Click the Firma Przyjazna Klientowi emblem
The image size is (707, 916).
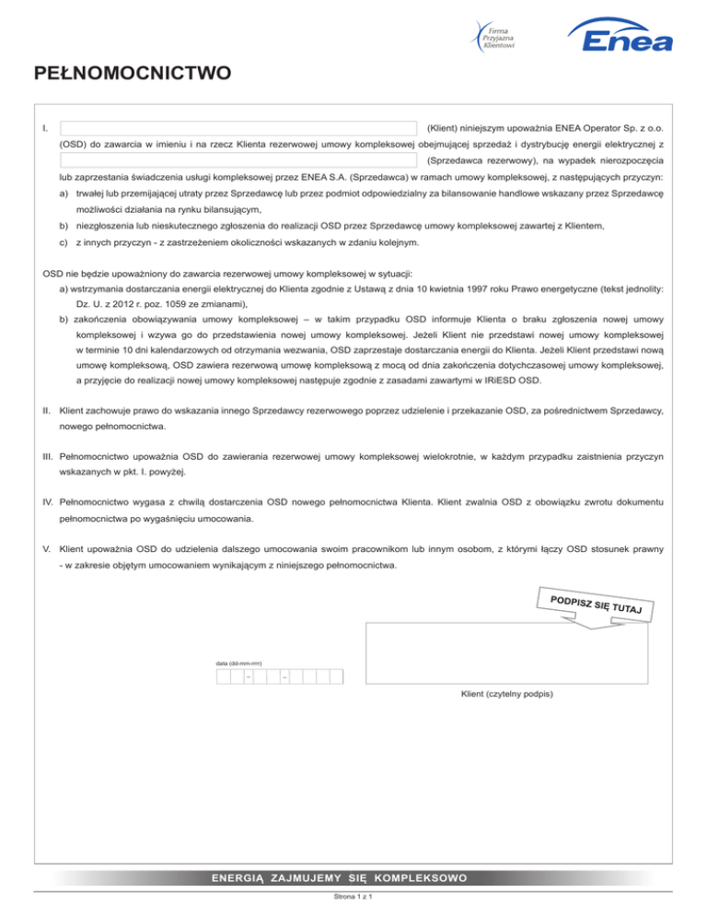coord(496,36)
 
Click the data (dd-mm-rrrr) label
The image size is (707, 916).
coord(238,663)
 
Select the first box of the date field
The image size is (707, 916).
coord(222,677)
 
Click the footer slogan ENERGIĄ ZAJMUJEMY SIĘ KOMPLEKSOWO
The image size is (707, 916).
coord(353,877)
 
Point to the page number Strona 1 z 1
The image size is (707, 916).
coord(353,905)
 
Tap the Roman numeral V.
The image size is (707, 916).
coord(47,549)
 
